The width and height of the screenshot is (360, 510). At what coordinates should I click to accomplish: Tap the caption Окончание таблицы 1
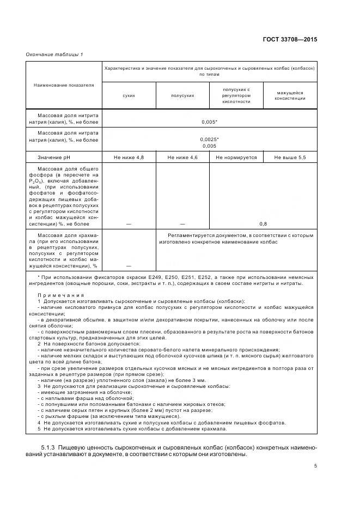pos(54,54)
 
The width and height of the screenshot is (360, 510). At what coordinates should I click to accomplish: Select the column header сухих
pos(129,95)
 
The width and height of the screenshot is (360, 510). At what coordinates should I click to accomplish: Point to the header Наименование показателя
pos(64,85)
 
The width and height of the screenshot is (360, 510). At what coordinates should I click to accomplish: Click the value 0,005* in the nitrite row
pos(209,123)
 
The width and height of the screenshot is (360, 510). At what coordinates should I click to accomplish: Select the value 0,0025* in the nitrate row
pos(209,139)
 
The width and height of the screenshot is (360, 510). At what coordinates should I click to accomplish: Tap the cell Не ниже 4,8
pos(129,157)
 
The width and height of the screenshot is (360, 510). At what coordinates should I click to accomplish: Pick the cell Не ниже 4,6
pos(182,157)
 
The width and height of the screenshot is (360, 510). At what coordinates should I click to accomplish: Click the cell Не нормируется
pos(236,157)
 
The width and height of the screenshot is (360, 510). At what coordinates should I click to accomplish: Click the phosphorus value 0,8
pos(263,224)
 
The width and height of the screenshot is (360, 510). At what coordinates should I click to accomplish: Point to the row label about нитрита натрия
pos(64,119)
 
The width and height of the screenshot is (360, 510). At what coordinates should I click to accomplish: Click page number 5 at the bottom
pos(315,466)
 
